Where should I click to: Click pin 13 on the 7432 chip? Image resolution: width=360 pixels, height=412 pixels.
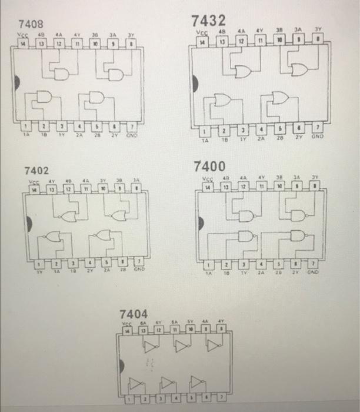tap(223, 43)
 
